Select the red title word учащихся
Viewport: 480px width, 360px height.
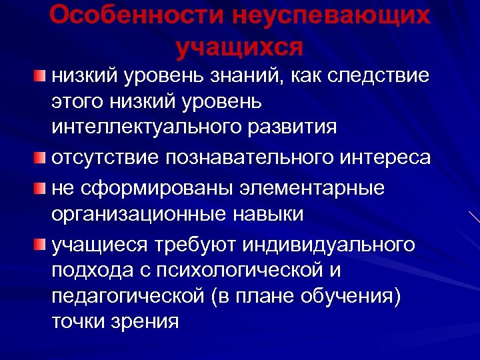[240, 47]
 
